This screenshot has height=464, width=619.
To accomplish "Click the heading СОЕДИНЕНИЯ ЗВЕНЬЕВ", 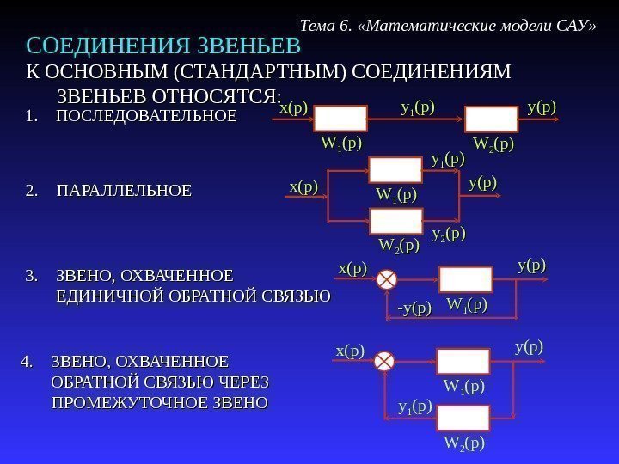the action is [163, 45].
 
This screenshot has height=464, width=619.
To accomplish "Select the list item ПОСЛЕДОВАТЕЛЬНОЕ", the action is [145, 114].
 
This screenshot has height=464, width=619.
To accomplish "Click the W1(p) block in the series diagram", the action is [340, 118].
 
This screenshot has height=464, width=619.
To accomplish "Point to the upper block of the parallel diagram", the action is [396, 170].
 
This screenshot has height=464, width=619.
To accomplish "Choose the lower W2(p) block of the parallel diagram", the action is [396, 222].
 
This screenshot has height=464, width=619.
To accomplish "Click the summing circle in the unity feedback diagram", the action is [388, 279].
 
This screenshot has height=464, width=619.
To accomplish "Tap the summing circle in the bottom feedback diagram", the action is [384, 360].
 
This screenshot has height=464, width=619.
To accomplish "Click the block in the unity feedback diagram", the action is [466, 279].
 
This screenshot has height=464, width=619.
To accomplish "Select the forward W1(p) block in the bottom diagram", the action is [463, 361].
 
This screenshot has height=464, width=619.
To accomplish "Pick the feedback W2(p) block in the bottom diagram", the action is [463, 418].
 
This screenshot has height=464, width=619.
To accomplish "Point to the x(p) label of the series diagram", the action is [294, 108].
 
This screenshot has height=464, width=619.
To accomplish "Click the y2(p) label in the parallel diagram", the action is [448, 234].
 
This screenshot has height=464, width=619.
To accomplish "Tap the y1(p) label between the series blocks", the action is [418, 108].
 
